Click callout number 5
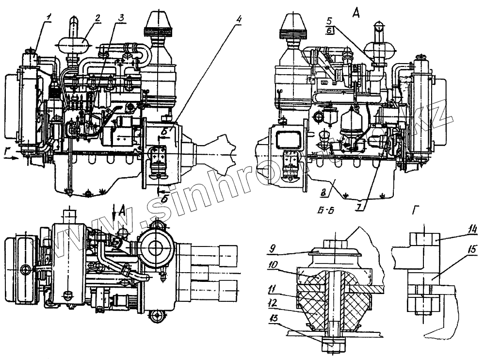[329, 21]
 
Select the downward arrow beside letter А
[113, 214]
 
